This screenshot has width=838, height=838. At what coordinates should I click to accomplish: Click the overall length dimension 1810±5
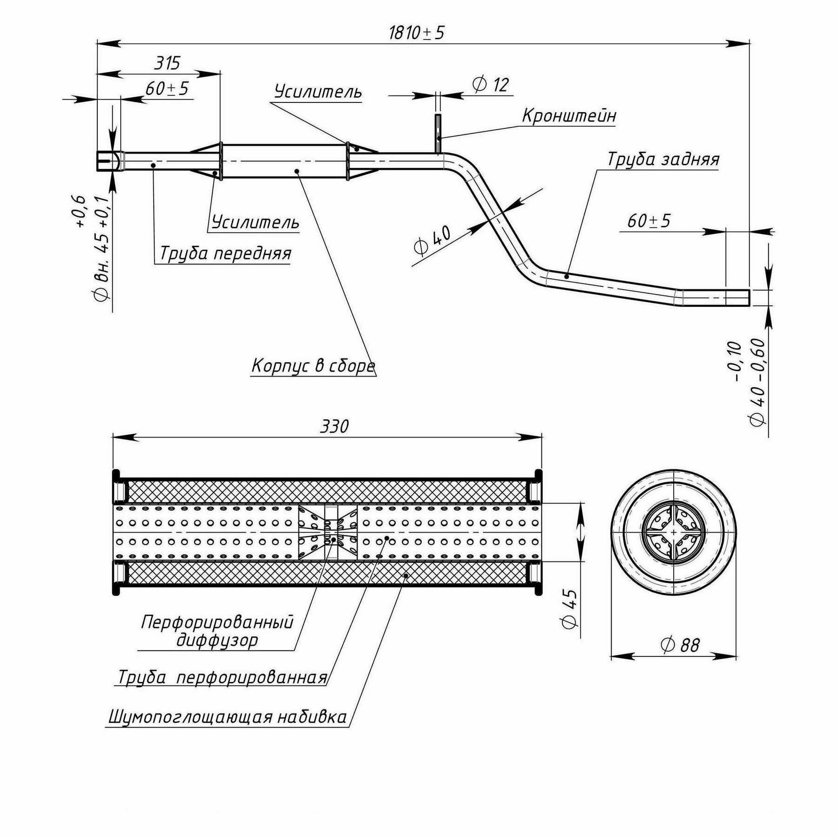(417, 33)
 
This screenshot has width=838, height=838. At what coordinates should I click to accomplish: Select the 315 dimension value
(167, 63)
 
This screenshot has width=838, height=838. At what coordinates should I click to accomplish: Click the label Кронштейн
(569, 115)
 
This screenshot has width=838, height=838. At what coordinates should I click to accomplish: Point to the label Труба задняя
(663, 160)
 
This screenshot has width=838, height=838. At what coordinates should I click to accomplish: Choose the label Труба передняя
(225, 254)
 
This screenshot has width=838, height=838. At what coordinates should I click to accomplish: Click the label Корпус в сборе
(313, 366)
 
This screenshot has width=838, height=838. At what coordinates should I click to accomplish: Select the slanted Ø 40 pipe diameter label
(433, 240)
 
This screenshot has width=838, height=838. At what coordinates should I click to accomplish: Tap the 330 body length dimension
(334, 426)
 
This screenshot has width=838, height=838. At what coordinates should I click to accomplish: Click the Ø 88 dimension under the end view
(680, 645)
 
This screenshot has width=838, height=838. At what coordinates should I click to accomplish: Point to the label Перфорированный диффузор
(217, 631)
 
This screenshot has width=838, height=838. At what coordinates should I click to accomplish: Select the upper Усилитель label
(318, 92)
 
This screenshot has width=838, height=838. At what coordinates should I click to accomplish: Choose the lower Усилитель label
(255, 223)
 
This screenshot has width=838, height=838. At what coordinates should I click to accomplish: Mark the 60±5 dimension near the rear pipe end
(649, 221)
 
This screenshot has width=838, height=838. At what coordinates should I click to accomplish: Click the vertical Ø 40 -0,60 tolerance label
(757, 382)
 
